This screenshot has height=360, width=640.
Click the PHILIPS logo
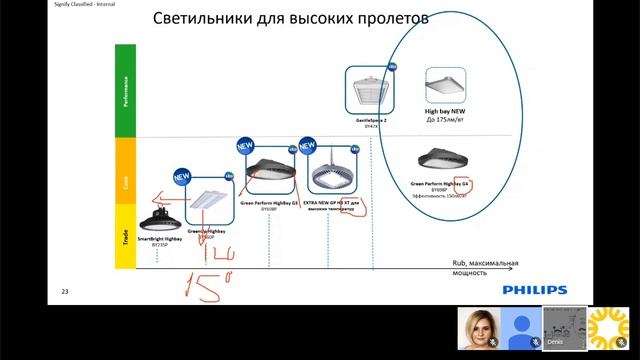[x=534, y=289]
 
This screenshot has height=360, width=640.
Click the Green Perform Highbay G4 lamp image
[x=447, y=159]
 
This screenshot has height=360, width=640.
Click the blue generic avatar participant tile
[x=520, y=327]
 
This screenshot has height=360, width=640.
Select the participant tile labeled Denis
[x=562, y=327]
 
